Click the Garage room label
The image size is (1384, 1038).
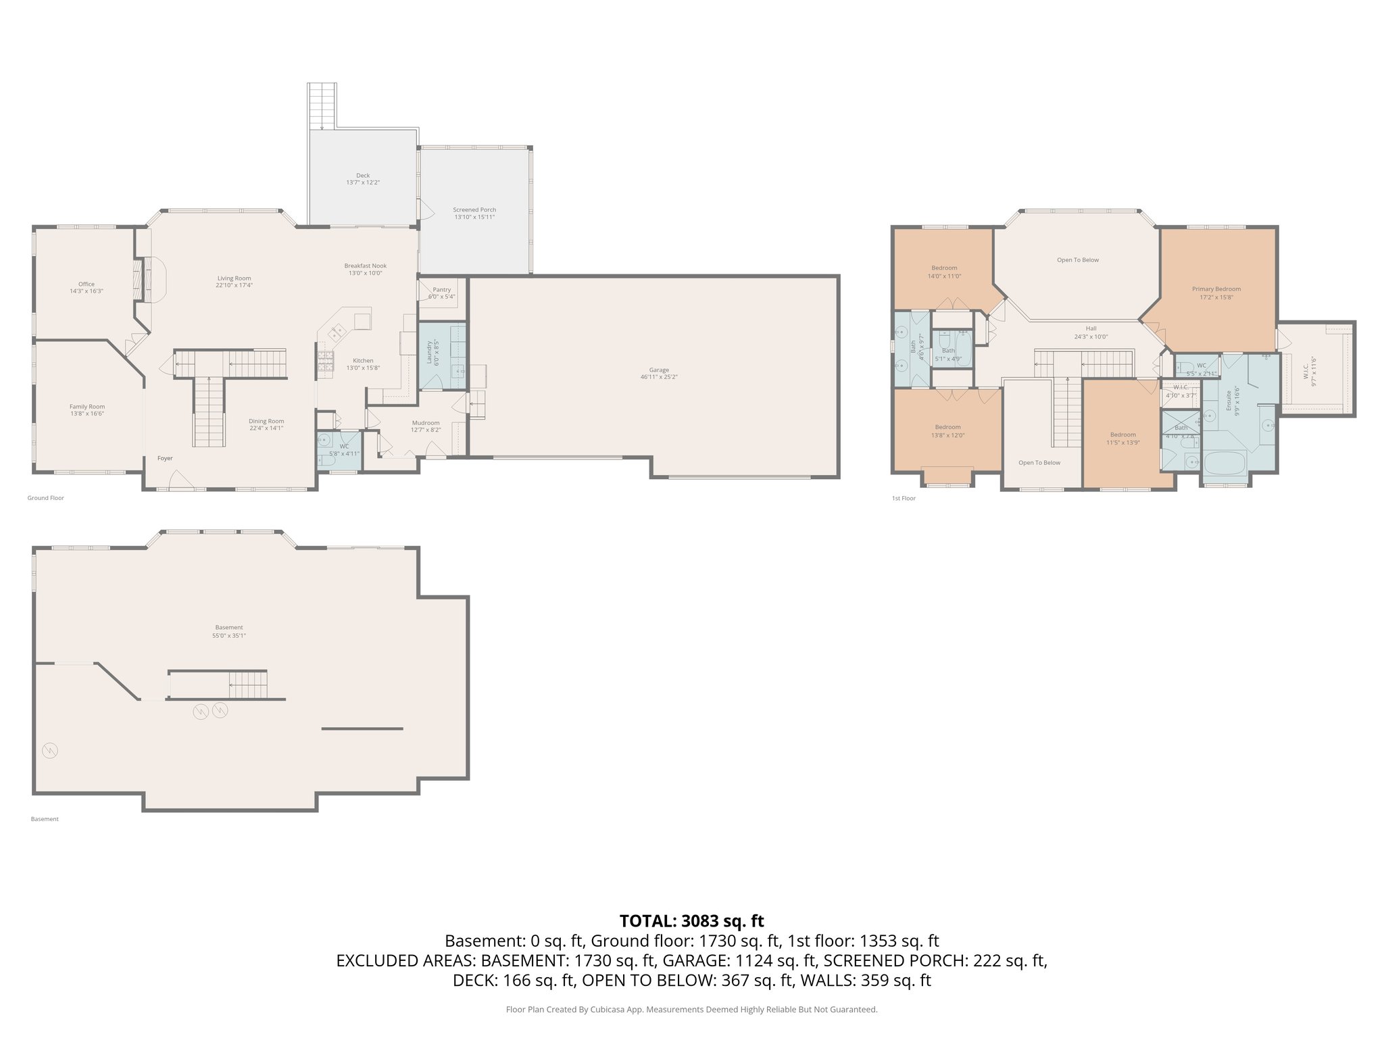(659, 370)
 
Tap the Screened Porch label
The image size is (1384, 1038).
(474, 209)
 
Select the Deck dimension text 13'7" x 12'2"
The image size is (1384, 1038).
(363, 182)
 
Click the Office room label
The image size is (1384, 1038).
(86, 284)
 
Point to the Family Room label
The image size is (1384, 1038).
(87, 407)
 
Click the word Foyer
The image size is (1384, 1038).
(165, 458)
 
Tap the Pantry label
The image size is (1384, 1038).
(442, 289)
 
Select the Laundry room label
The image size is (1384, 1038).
(429, 352)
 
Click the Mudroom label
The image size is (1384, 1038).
(426, 422)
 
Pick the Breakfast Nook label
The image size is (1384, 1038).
(365, 266)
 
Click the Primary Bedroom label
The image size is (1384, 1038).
(1216, 289)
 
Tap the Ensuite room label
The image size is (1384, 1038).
(1228, 400)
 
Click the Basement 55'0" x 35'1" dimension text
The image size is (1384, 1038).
(229, 635)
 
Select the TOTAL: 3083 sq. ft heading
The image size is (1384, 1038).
(691, 920)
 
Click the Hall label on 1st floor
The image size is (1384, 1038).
(1091, 328)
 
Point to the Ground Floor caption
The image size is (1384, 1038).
(46, 498)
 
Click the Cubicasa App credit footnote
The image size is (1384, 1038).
(691, 1010)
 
